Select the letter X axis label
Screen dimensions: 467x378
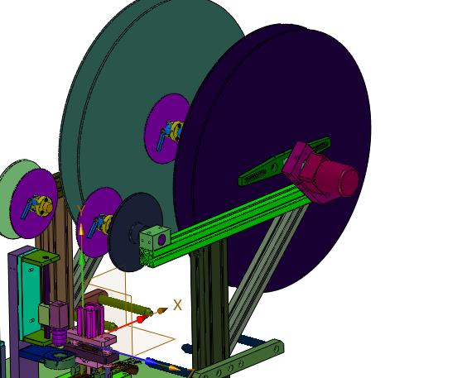(x=177, y=305)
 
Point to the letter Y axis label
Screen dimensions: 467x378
(x=80, y=210)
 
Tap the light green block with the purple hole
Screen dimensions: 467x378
(x=155, y=237)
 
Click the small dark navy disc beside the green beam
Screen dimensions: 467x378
(x=136, y=232)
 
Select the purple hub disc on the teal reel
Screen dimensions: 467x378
(x=166, y=128)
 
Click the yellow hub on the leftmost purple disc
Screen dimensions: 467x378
(x=44, y=205)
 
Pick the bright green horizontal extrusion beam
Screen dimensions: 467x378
(x=225, y=225)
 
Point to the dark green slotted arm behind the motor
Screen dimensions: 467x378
(x=285, y=161)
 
